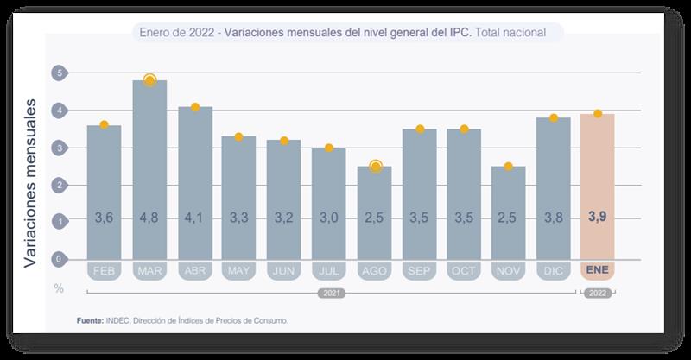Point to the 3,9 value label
point(598,219)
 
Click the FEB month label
point(105,271)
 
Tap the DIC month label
point(553,271)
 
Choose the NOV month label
point(508,271)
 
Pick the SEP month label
point(419,271)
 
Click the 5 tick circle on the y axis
point(59,73)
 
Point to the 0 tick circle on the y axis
point(59,259)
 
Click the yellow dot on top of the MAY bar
point(238,136)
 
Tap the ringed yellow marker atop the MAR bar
point(149,80)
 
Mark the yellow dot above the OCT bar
point(464,129)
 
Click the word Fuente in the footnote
point(91,321)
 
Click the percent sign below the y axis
point(59,288)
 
